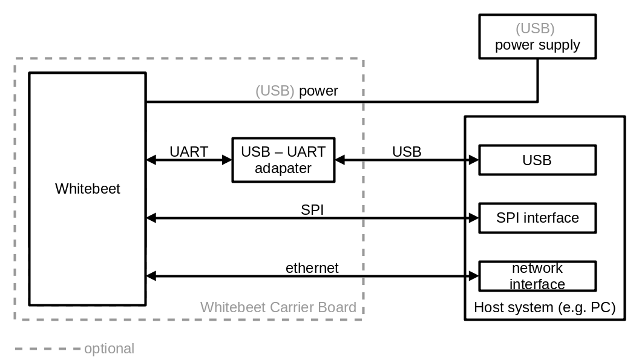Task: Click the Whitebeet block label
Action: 88,189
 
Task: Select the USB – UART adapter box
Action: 283,160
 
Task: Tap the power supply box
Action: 537,37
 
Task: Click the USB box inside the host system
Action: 537,160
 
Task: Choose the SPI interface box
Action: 537,218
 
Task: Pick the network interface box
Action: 537,276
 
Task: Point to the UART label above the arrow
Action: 189,151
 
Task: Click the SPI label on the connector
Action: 312,209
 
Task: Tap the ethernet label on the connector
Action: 312,267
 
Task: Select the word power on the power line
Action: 318,91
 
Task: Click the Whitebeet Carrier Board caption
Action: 278,307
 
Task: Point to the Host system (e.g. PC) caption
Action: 545,307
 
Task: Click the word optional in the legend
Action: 110,349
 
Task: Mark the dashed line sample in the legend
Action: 47,349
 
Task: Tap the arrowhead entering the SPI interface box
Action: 474,218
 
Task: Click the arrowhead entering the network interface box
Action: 474,276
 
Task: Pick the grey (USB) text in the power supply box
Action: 535,28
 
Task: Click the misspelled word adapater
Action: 283,168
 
